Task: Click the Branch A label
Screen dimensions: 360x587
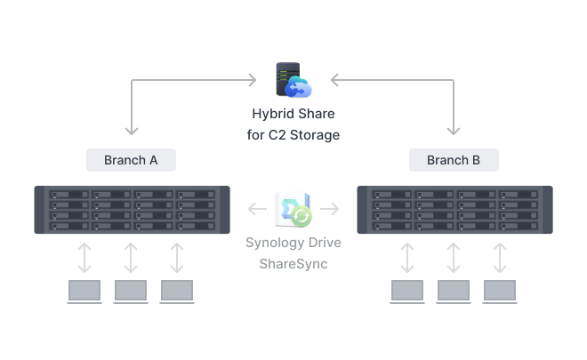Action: pyautogui.click(x=131, y=160)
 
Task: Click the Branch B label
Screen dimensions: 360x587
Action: pyautogui.click(x=454, y=160)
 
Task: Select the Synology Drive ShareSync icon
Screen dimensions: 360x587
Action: pyautogui.click(x=293, y=209)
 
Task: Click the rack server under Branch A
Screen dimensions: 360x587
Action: pyautogui.click(x=132, y=209)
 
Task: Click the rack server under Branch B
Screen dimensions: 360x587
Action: pyautogui.click(x=454, y=209)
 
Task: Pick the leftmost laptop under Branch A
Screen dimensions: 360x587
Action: pyautogui.click(x=84, y=292)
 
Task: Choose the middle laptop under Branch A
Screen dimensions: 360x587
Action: pyautogui.click(x=131, y=292)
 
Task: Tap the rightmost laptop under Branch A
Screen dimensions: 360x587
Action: pyautogui.click(x=177, y=292)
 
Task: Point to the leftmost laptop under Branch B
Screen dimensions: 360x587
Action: pyautogui.click(x=407, y=292)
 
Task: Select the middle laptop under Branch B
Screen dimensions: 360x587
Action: pyautogui.click(x=454, y=292)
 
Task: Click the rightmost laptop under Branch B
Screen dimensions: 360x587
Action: pyautogui.click(x=500, y=292)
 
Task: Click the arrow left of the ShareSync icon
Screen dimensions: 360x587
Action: pyautogui.click(x=257, y=210)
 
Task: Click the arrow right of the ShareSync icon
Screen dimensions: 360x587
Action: pyautogui.click(x=330, y=210)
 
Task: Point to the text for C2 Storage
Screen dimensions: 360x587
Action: pyautogui.click(x=293, y=135)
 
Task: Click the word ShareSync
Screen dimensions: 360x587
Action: pyautogui.click(x=293, y=264)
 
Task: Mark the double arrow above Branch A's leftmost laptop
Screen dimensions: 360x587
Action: pyautogui.click(x=84, y=257)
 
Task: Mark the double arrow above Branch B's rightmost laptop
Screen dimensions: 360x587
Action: pyautogui.click(x=500, y=257)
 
